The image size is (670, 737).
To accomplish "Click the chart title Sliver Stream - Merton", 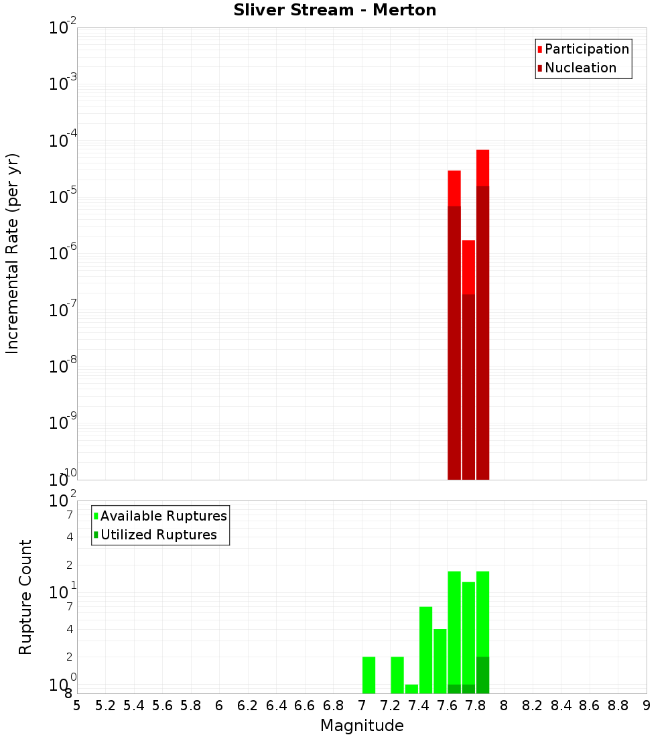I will pyautogui.click(x=335, y=11).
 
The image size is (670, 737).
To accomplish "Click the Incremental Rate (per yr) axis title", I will pyautogui.click(x=13, y=253).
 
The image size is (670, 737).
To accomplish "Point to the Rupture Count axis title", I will pyautogui.click(x=25, y=597).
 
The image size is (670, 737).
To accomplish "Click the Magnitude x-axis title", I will pyautogui.click(x=362, y=726).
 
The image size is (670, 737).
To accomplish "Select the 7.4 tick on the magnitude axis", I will pyautogui.click(x=419, y=706).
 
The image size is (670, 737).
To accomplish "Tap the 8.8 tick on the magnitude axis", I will pyautogui.click(x=618, y=706).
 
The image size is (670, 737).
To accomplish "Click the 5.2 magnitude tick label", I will pyautogui.click(x=105, y=706).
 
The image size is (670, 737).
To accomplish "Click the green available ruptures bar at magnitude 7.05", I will pyautogui.click(x=368, y=675).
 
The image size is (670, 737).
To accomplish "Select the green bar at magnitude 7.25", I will pyautogui.click(x=397, y=675).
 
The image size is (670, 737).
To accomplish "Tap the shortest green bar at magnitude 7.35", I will pyautogui.click(x=411, y=689).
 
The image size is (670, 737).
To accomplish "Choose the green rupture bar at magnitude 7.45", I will pyautogui.click(x=425, y=650).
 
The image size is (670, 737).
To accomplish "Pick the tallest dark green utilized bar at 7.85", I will pyautogui.click(x=482, y=675).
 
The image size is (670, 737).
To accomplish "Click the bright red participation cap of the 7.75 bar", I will pyautogui.click(x=468, y=267).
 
